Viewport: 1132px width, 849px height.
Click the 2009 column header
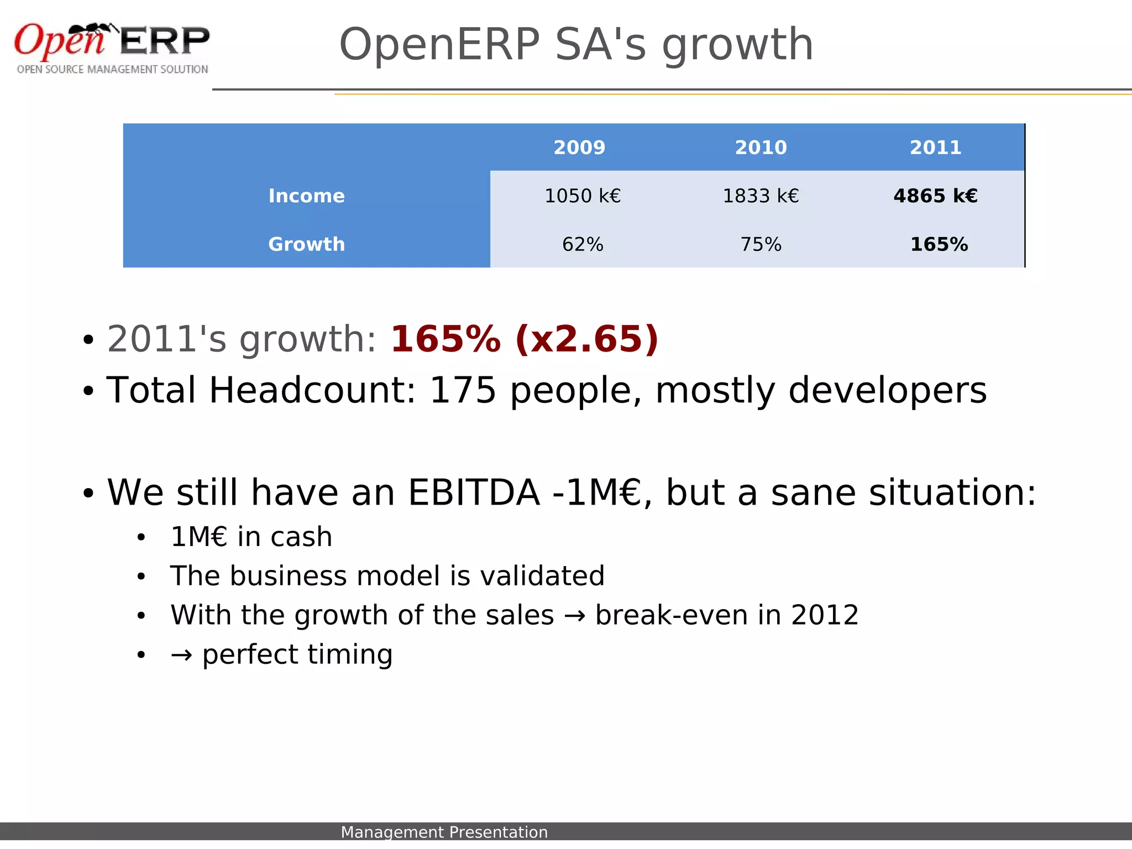tap(579, 148)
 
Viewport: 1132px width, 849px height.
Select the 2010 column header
tap(761, 148)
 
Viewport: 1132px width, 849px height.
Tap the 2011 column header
tap(935, 148)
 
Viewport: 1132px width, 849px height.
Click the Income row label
tap(306, 196)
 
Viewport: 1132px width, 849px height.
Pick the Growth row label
tap(306, 244)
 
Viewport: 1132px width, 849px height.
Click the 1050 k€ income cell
tap(583, 196)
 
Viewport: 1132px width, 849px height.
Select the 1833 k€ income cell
tap(761, 196)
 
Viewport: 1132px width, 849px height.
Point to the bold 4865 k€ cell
tap(935, 196)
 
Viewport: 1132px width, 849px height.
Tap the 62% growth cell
tap(583, 244)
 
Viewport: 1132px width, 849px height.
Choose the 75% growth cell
tap(761, 244)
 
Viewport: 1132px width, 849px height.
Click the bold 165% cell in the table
tap(939, 244)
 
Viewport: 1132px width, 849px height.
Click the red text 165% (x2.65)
tap(524, 339)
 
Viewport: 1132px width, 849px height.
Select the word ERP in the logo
tap(165, 41)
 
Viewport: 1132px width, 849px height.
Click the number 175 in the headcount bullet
tap(463, 390)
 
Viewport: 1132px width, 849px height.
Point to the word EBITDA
tap(474, 492)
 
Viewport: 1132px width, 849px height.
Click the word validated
tap(542, 576)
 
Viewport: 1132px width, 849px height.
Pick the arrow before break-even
tap(574, 616)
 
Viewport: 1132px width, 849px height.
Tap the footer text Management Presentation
tap(444, 832)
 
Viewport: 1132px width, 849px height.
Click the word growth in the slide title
tap(737, 45)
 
